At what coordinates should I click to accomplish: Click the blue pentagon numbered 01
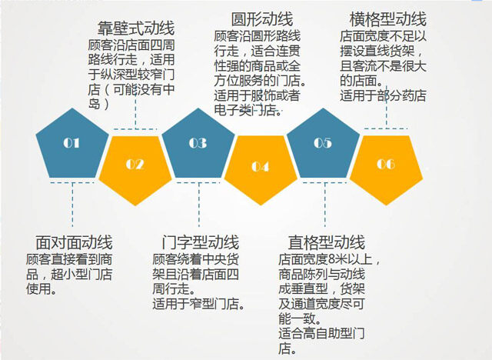click(72, 145)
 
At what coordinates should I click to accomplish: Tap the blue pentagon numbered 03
click(198, 145)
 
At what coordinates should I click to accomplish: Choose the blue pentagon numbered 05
click(323, 145)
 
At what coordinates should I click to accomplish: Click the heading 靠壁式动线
click(136, 28)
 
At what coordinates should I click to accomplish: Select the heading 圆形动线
click(262, 19)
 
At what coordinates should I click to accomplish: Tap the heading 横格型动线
click(387, 19)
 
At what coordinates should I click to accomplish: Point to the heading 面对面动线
click(74, 242)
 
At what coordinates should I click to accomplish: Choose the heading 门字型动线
click(200, 242)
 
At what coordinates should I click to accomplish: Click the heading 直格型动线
click(326, 242)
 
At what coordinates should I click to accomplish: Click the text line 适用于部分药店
click(383, 95)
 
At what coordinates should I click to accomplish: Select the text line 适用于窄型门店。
click(198, 304)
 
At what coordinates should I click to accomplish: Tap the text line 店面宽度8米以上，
click(330, 259)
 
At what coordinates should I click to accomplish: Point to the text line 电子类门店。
click(248, 110)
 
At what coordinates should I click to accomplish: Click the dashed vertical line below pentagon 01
click(72, 205)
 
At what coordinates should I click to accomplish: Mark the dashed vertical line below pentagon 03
click(199, 205)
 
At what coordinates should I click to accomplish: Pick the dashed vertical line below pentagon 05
click(324, 205)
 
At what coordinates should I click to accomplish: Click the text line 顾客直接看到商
click(69, 259)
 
